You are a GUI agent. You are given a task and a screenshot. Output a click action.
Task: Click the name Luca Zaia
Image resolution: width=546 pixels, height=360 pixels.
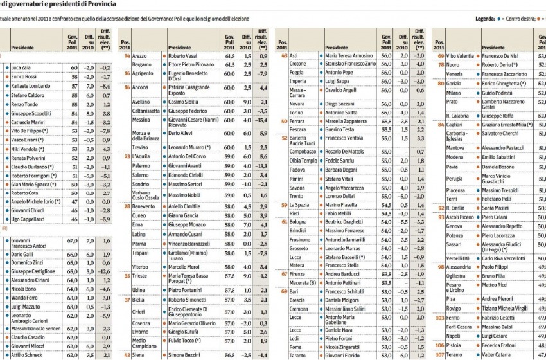pos(22,67)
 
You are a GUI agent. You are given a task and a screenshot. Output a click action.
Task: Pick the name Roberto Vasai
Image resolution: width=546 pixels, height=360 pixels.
pos(185,57)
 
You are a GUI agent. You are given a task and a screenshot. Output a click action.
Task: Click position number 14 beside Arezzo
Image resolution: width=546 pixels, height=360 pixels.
pos(127,57)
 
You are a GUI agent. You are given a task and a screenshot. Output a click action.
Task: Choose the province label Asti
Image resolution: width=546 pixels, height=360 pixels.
pos(296,57)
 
